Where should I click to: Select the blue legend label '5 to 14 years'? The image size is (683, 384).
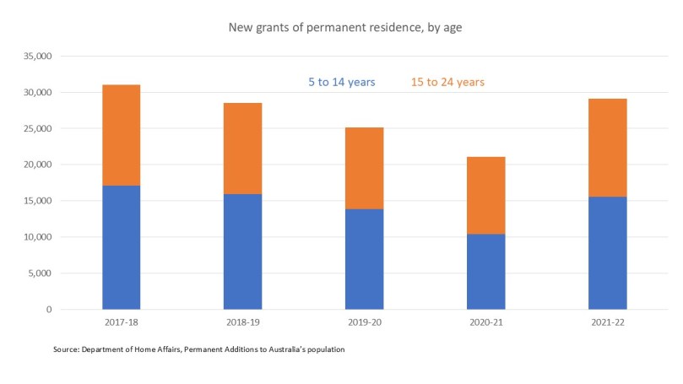pos(341,82)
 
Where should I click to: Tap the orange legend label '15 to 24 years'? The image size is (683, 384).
pos(447,82)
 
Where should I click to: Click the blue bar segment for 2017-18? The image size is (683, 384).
pos(121,247)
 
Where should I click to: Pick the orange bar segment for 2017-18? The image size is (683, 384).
pos(121,135)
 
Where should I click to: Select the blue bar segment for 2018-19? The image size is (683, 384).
pos(242,251)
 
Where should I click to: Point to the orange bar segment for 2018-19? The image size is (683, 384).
pos(242,149)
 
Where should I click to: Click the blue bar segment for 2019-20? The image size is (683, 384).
pos(364,259)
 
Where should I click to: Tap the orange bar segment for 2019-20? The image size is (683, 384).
pos(364,168)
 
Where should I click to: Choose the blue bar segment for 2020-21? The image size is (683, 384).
pos(485,272)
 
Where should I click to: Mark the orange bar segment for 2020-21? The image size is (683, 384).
pos(485,195)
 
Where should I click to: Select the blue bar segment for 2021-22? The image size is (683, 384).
pos(607,253)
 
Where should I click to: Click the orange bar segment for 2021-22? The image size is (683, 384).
pos(607,148)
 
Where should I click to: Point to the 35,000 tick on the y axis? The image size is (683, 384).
pos(39,57)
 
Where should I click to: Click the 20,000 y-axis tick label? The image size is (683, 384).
pos(39,165)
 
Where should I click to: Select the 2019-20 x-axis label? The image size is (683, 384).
pos(364,322)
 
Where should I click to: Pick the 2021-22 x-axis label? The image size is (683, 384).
pos(607,322)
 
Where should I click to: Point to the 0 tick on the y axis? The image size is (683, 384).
pos(50,310)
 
